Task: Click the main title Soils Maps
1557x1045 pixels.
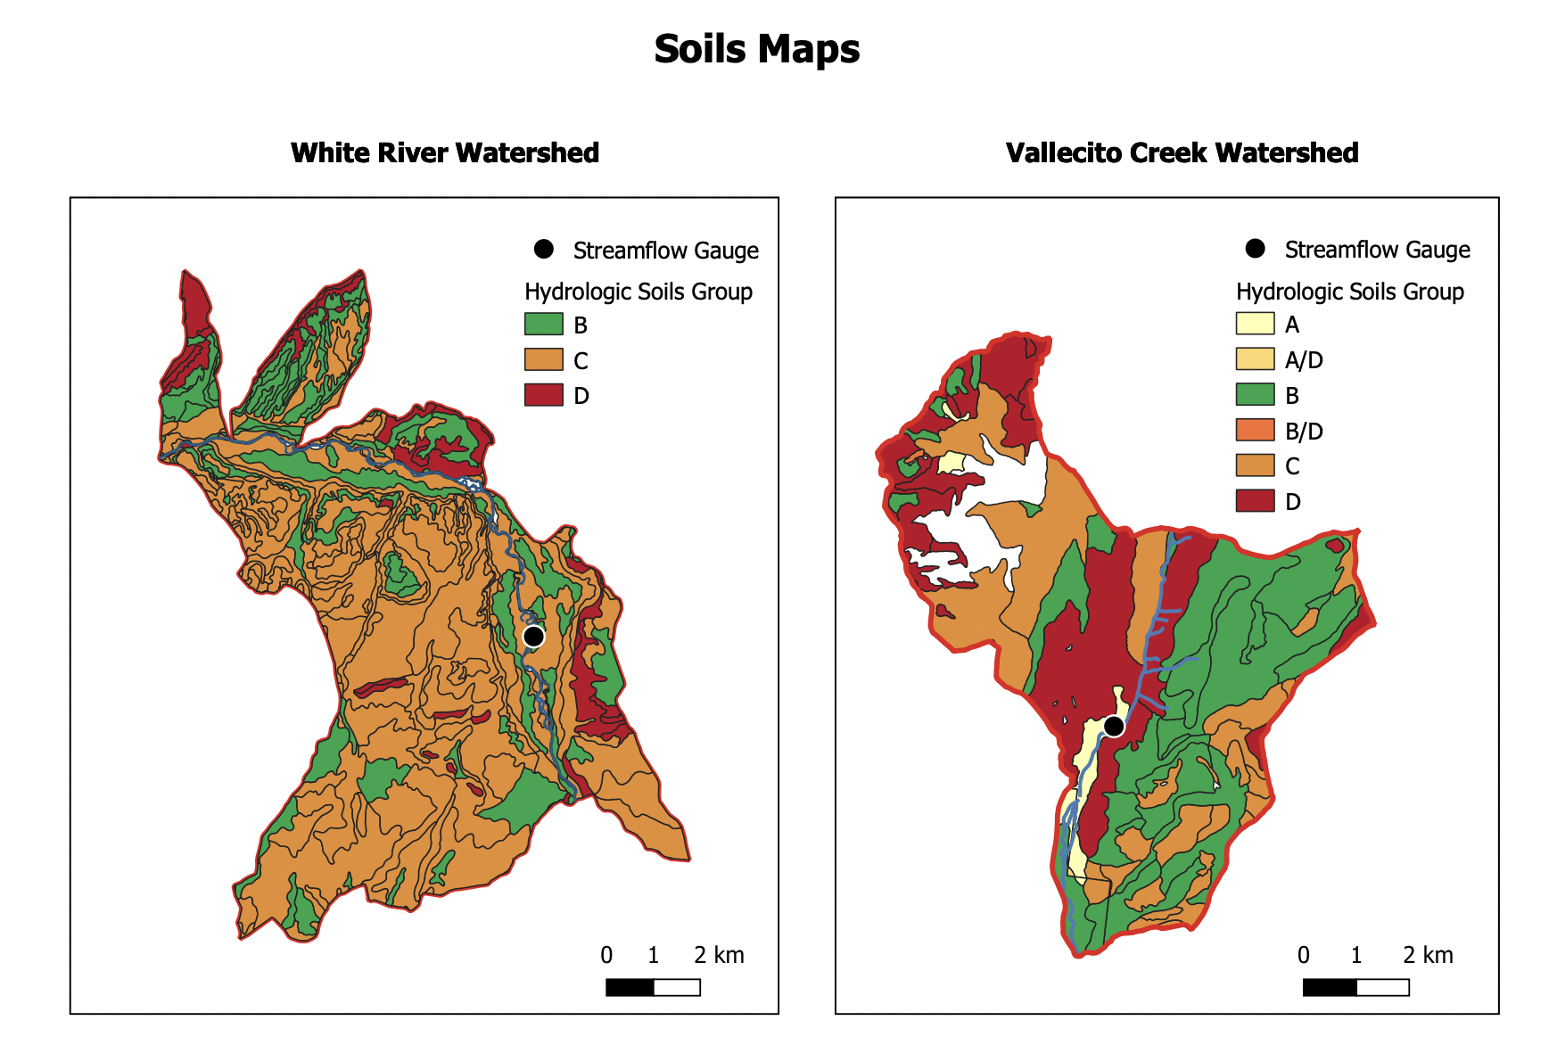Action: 756,49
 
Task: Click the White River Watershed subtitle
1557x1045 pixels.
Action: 444,152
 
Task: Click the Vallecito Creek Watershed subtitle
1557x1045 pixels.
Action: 1182,152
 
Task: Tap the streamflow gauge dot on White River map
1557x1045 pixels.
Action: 533,636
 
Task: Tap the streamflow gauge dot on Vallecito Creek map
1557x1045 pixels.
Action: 1114,727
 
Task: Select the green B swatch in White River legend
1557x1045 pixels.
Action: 543,324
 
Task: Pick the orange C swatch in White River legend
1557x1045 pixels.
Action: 543,359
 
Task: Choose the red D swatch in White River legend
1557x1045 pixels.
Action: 543,395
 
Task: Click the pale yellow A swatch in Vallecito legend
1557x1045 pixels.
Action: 1255,324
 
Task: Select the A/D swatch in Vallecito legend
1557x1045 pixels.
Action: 1255,359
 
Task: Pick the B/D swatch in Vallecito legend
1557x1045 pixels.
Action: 1255,430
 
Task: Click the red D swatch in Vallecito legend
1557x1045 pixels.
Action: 1255,501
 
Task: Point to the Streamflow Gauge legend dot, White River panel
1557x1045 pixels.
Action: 543,249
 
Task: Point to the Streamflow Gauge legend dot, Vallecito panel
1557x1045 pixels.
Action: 1255,249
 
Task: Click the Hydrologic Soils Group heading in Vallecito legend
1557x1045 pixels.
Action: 1349,292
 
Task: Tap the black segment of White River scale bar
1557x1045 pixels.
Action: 630,987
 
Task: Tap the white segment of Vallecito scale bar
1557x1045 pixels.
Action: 1382,987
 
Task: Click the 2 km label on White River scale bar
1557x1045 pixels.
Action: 719,955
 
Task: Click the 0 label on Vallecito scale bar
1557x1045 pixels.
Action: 1303,955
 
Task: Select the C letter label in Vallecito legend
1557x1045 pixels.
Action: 1292,466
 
